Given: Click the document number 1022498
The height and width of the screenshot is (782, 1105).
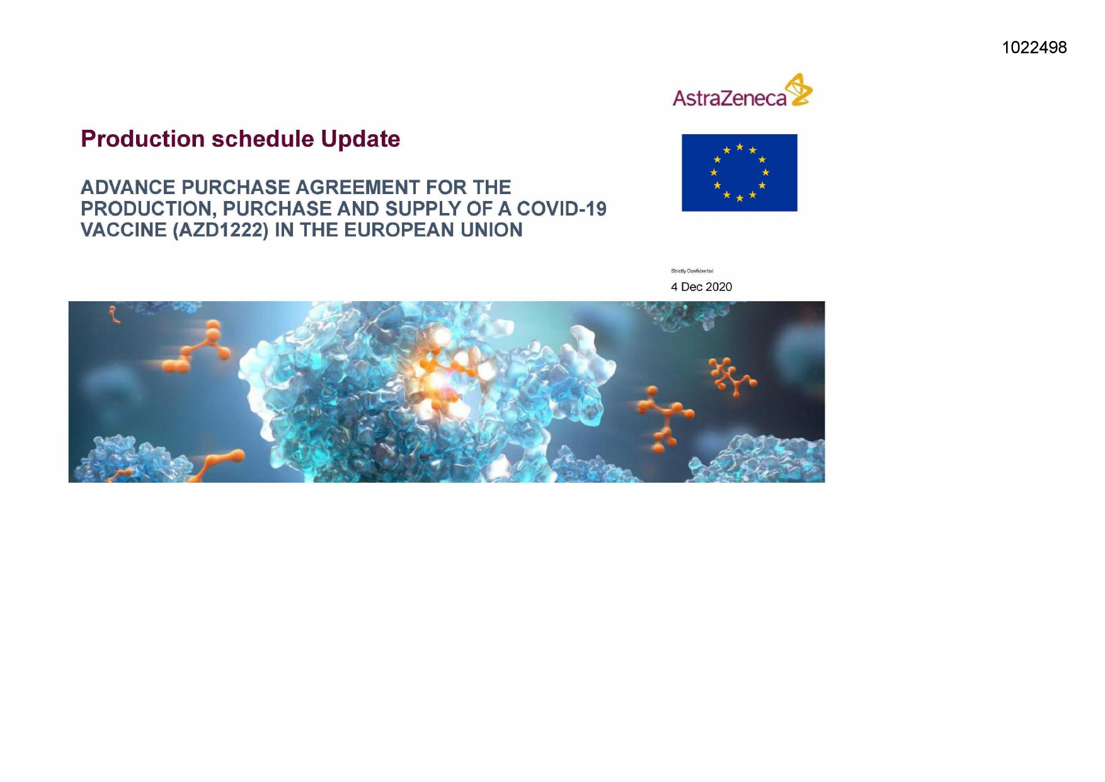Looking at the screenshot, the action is pyautogui.click(x=1034, y=47).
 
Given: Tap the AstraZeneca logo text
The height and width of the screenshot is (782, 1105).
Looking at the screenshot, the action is pyautogui.click(x=730, y=98).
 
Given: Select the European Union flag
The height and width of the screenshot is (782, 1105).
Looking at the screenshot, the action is pyautogui.click(x=740, y=173).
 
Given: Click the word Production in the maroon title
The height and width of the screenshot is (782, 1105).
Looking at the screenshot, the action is pyautogui.click(x=143, y=139).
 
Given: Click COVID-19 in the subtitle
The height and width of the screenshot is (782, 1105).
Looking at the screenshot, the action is pyautogui.click(x=561, y=209).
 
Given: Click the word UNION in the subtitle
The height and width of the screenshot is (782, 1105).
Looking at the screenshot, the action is pyautogui.click(x=491, y=230).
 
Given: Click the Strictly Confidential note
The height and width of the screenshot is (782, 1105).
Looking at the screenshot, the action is pyautogui.click(x=692, y=271).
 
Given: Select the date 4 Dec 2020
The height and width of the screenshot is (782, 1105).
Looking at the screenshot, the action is pyautogui.click(x=701, y=287).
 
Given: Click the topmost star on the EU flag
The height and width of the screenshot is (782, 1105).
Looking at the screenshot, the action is pyautogui.click(x=740, y=147).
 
